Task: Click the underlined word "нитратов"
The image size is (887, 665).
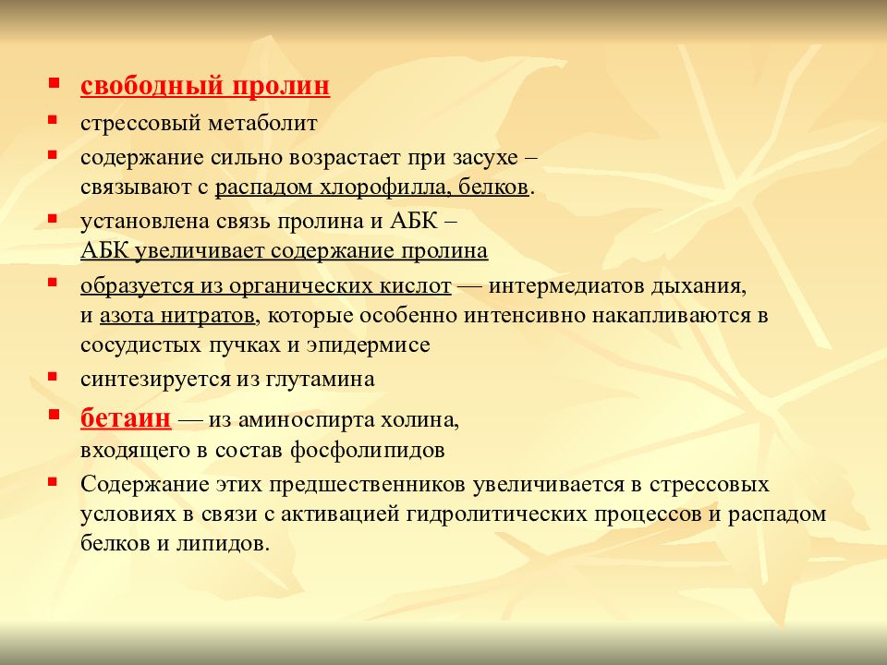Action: (x=211, y=316)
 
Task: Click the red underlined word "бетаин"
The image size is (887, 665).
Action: (x=126, y=418)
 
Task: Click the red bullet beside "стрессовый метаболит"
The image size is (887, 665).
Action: (x=55, y=120)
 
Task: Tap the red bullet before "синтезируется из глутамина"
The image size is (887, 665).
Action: (x=55, y=377)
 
